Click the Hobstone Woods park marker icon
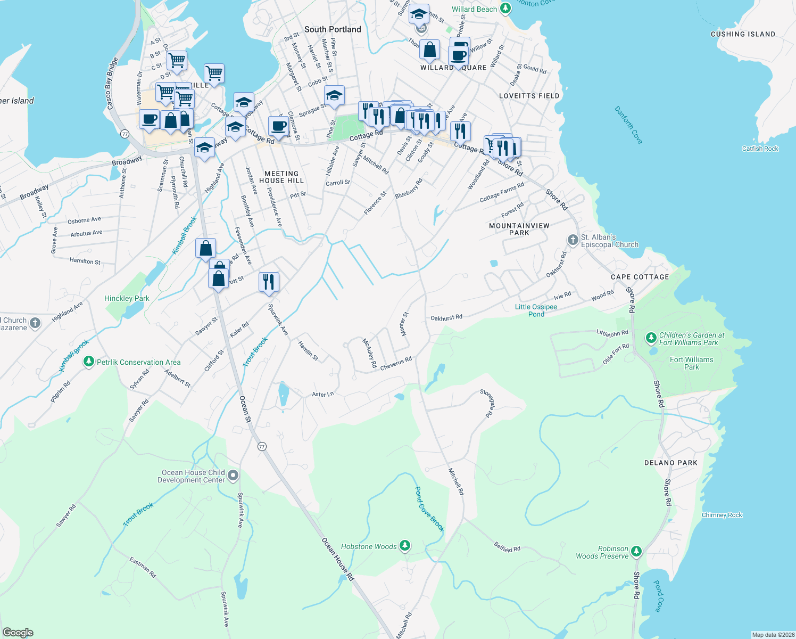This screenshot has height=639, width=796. coord(405,545)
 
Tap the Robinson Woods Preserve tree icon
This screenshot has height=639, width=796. coord(636,551)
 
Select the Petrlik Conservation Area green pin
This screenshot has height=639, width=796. coord(89,362)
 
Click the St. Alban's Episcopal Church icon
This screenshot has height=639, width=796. coord(573,240)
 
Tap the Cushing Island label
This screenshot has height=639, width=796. coord(743,34)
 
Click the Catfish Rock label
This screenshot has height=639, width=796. coord(760,149)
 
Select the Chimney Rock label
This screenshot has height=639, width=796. coord(722,515)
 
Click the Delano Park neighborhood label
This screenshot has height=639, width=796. coord(670,463)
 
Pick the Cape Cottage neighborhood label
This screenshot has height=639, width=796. coord(640,277)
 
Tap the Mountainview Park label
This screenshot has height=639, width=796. coord(519,229)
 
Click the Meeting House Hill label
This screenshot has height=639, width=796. coord(281,177)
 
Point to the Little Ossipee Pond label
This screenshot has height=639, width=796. coord(536,310)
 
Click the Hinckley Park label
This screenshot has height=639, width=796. coord(127,298)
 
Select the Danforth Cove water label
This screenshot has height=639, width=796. coord(628,125)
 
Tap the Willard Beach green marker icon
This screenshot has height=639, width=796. coord(505,9)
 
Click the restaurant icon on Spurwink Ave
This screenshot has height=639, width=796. coord(269,281)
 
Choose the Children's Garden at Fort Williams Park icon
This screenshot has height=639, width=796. coord(651,338)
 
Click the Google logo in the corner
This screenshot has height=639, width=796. coord(18,633)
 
